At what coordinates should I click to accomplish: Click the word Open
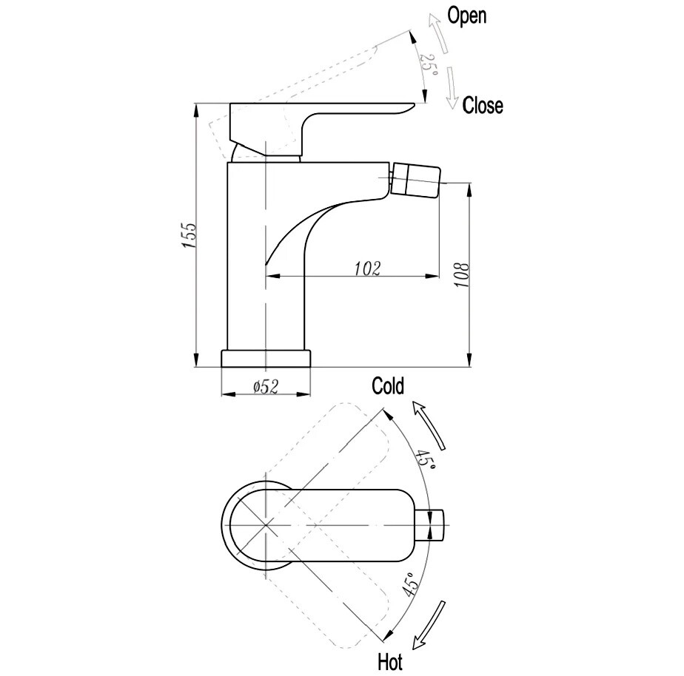coord(467,16)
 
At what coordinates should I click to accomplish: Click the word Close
coord(483,105)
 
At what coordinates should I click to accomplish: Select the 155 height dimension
coord(190,235)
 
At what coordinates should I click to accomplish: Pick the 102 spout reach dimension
coord(367,268)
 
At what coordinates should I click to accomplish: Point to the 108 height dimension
coord(461,274)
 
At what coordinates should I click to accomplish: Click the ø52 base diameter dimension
coord(266,386)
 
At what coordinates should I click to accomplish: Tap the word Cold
coord(388,386)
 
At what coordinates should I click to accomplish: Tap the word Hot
coord(390,663)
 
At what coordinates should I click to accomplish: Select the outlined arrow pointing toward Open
coord(438,33)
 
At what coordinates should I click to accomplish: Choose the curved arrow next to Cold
coord(429,425)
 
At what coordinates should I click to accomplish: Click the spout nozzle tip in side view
coord(415,179)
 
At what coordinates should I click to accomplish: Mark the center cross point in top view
coord(265,525)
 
